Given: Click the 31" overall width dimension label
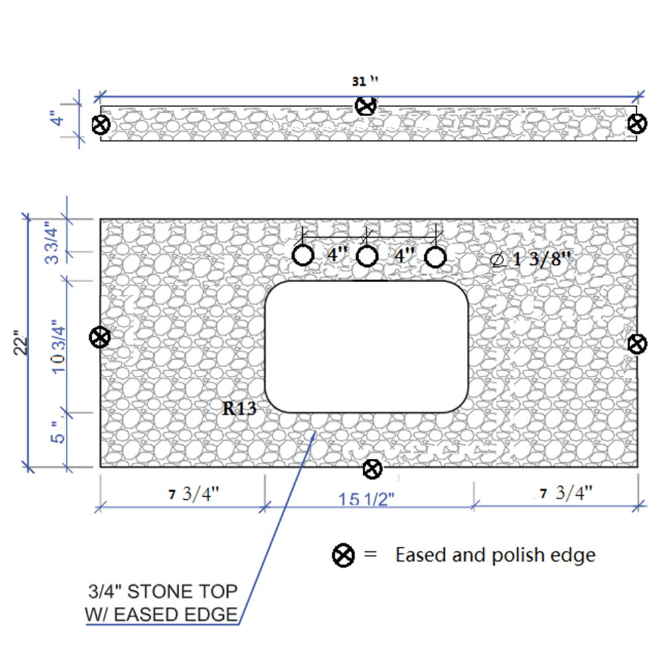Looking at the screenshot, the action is click(365, 80).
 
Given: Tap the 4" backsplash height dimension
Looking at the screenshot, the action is click(57, 118).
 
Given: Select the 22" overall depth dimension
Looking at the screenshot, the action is click(21, 343).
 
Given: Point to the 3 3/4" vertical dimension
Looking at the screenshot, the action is click(52, 242).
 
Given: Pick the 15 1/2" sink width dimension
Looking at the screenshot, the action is click(367, 499).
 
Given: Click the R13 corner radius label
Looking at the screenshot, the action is click(239, 408).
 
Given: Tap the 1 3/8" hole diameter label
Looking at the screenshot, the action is click(531, 259).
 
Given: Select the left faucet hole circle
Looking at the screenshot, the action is click(303, 256).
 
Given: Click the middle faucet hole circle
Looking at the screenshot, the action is click(367, 256).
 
